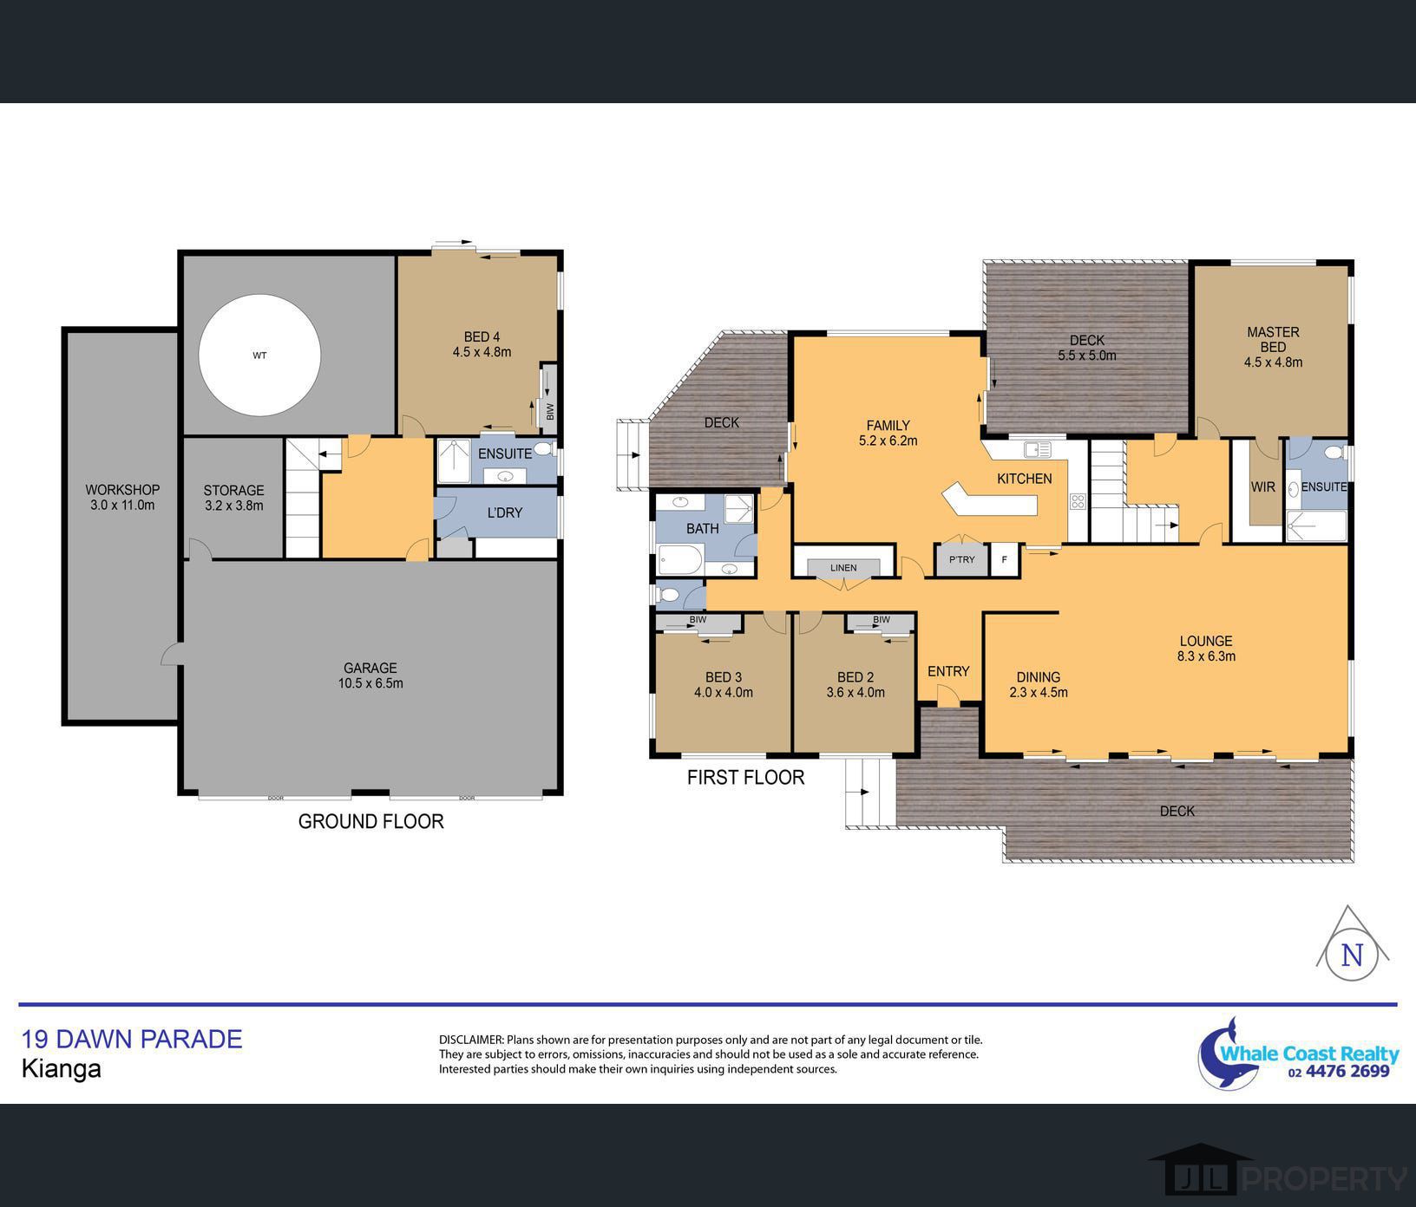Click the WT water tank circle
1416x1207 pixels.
[259, 356]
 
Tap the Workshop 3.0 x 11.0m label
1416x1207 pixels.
[122, 497]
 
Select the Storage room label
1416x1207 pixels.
[233, 498]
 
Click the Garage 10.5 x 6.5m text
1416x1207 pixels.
[370, 675]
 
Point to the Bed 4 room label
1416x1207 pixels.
[482, 344]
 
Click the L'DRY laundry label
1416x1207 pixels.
[504, 512]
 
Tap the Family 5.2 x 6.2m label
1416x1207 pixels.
[888, 433]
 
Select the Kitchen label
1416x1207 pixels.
[1024, 479]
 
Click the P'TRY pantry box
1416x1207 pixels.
[961, 560]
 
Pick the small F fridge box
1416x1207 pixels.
[1005, 560]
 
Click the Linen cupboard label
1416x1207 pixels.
[843, 568]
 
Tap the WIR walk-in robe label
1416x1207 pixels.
[1262, 487]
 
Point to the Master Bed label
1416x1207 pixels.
[1273, 347]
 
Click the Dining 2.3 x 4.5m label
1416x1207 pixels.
[1039, 684]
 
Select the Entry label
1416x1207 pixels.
[947, 671]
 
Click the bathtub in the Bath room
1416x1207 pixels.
[680, 560]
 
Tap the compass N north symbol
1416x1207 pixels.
[1352, 954]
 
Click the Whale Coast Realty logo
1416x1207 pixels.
[1298, 1054]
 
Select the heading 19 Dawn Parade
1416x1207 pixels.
[132, 1039]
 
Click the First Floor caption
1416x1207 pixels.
[745, 778]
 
